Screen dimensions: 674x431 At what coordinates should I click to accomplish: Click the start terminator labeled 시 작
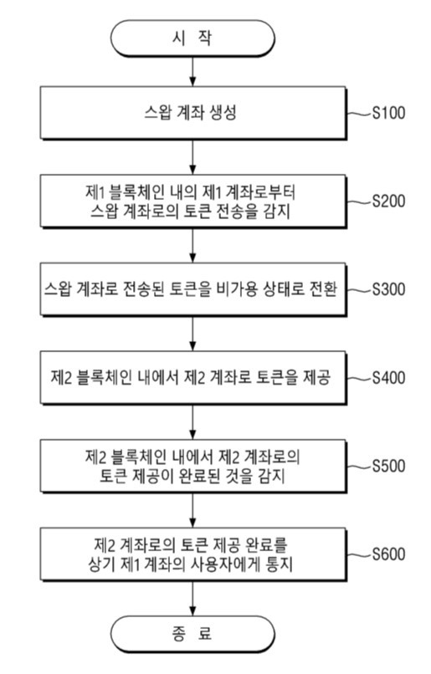(x=194, y=38)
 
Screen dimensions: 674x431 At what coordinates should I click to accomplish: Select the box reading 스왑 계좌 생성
(x=194, y=112)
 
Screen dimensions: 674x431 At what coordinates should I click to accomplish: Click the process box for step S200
(x=194, y=201)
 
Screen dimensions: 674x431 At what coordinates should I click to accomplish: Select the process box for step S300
(x=194, y=289)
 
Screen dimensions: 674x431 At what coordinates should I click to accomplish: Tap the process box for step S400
(x=194, y=378)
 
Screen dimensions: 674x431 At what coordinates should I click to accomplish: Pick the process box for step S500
(x=194, y=467)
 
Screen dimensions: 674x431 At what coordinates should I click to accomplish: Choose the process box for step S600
(x=194, y=554)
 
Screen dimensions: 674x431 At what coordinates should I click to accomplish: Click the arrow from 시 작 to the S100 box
(x=194, y=73)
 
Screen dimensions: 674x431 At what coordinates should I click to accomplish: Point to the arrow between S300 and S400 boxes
(x=194, y=334)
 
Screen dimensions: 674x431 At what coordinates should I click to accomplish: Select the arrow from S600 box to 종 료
(x=194, y=595)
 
